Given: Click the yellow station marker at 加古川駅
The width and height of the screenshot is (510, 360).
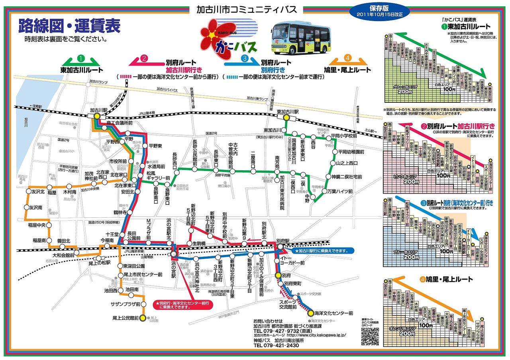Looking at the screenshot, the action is click(x=97, y=116).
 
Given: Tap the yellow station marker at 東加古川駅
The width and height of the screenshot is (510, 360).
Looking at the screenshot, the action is click(x=286, y=117).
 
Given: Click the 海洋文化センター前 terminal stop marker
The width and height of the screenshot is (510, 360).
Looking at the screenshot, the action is click(x=310, y=313).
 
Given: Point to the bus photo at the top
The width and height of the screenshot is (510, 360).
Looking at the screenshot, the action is click(x=301, y=39).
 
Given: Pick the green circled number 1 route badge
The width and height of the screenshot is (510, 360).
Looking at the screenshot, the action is click(x=81, y=59).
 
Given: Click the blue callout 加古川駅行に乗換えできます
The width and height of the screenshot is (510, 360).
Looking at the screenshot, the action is click(x=322, y=251).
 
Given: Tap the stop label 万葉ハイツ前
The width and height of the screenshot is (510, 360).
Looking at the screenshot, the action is click(x=340, y=192).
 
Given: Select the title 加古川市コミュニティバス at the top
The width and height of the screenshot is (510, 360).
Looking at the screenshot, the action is click(x=250, y=10).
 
